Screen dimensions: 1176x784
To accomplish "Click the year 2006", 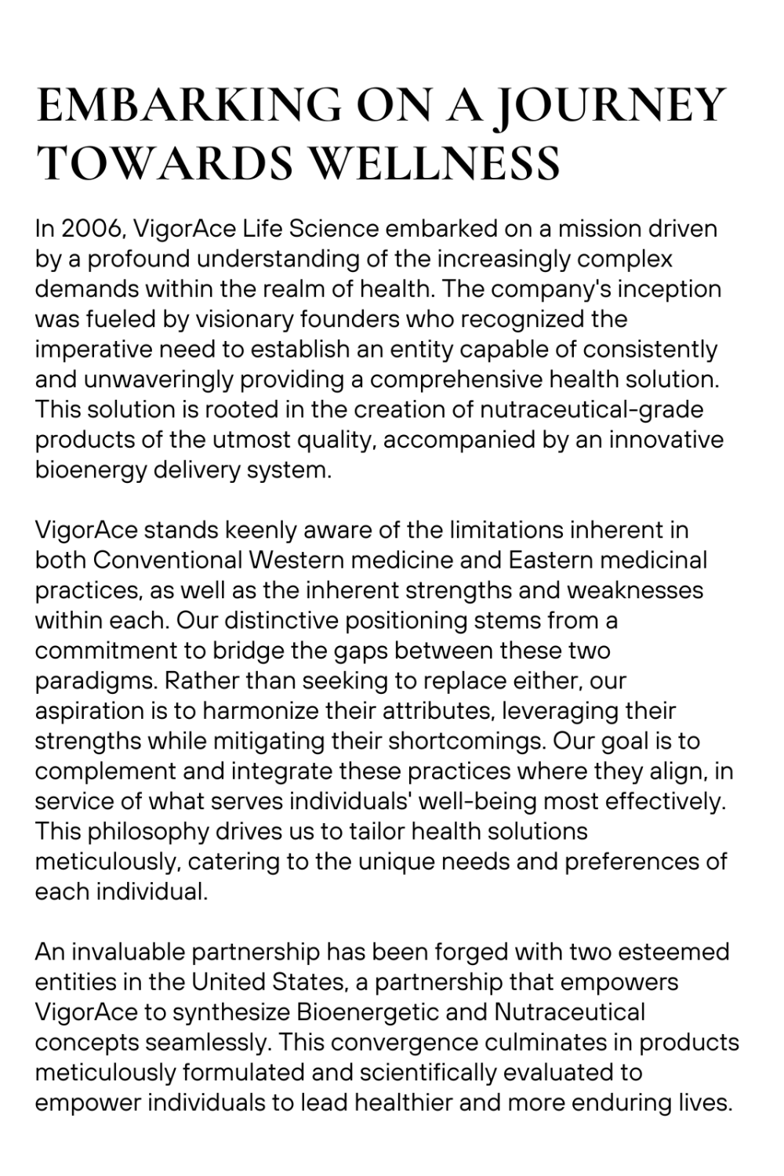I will tap(93, 229).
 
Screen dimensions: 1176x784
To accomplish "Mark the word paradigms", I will tap(96, 681).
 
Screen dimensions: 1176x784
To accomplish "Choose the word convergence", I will tap(403, 1042).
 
